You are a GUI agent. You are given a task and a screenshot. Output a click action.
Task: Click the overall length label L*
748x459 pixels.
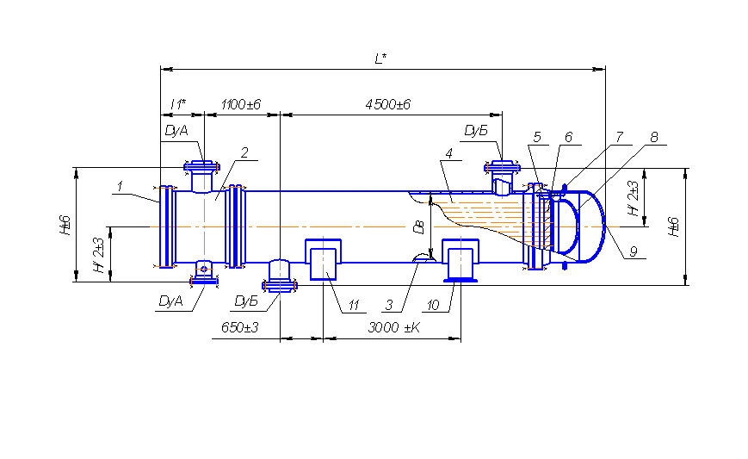380,59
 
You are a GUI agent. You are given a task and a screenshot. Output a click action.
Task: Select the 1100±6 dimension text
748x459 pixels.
241,104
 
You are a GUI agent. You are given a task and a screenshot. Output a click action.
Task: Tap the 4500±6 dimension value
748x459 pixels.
388,104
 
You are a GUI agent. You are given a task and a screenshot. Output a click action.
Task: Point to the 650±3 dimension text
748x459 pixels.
240,327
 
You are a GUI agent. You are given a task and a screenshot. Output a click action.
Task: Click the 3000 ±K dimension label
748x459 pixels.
394,327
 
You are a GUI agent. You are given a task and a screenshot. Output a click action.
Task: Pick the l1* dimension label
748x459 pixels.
178,104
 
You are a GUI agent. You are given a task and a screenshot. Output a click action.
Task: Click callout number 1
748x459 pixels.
121,186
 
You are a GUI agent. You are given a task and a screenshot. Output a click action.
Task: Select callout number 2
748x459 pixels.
244,152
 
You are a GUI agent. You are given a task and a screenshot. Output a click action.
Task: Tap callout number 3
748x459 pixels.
389,305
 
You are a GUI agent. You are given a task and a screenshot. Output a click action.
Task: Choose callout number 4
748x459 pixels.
449,153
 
